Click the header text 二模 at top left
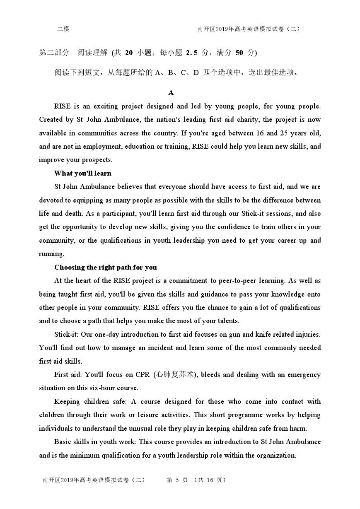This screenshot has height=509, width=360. [63, 29]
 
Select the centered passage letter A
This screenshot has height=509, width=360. [171, 93]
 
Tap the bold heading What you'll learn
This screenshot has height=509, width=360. [83, 173]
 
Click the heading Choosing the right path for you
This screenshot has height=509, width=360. [106, 267]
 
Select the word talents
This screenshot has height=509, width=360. [227, 321]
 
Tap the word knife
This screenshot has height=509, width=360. [261, 334]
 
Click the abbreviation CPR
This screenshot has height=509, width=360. [143, 374]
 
